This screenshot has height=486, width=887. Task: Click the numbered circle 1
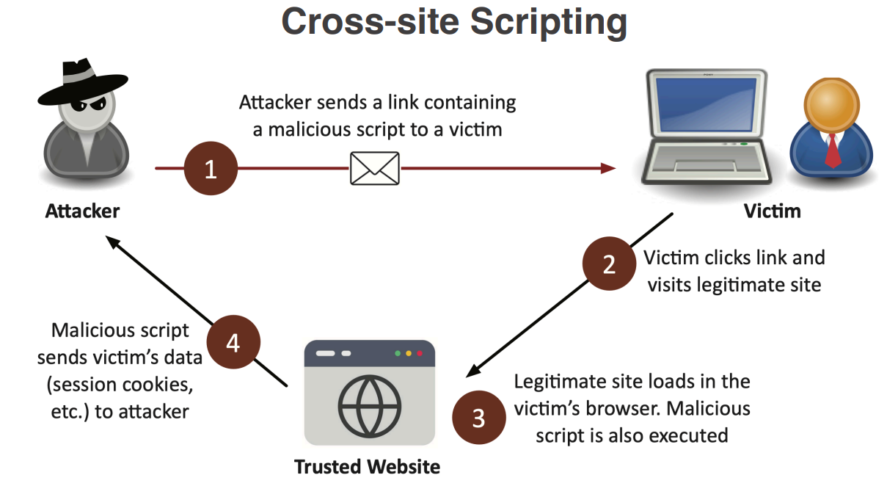pos(211,170)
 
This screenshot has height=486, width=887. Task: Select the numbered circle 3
pos(478,418)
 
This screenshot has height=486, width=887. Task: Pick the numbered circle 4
pos(233,342)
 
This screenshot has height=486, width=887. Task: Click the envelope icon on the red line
pos(374,168)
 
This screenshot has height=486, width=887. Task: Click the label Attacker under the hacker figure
pos(82,211)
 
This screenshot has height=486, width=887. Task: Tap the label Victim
pos(772,211)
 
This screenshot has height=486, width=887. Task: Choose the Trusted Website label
pos(367,467)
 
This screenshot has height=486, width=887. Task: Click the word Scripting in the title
pos(548,21)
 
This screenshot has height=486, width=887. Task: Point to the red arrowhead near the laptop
pos(608,168)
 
